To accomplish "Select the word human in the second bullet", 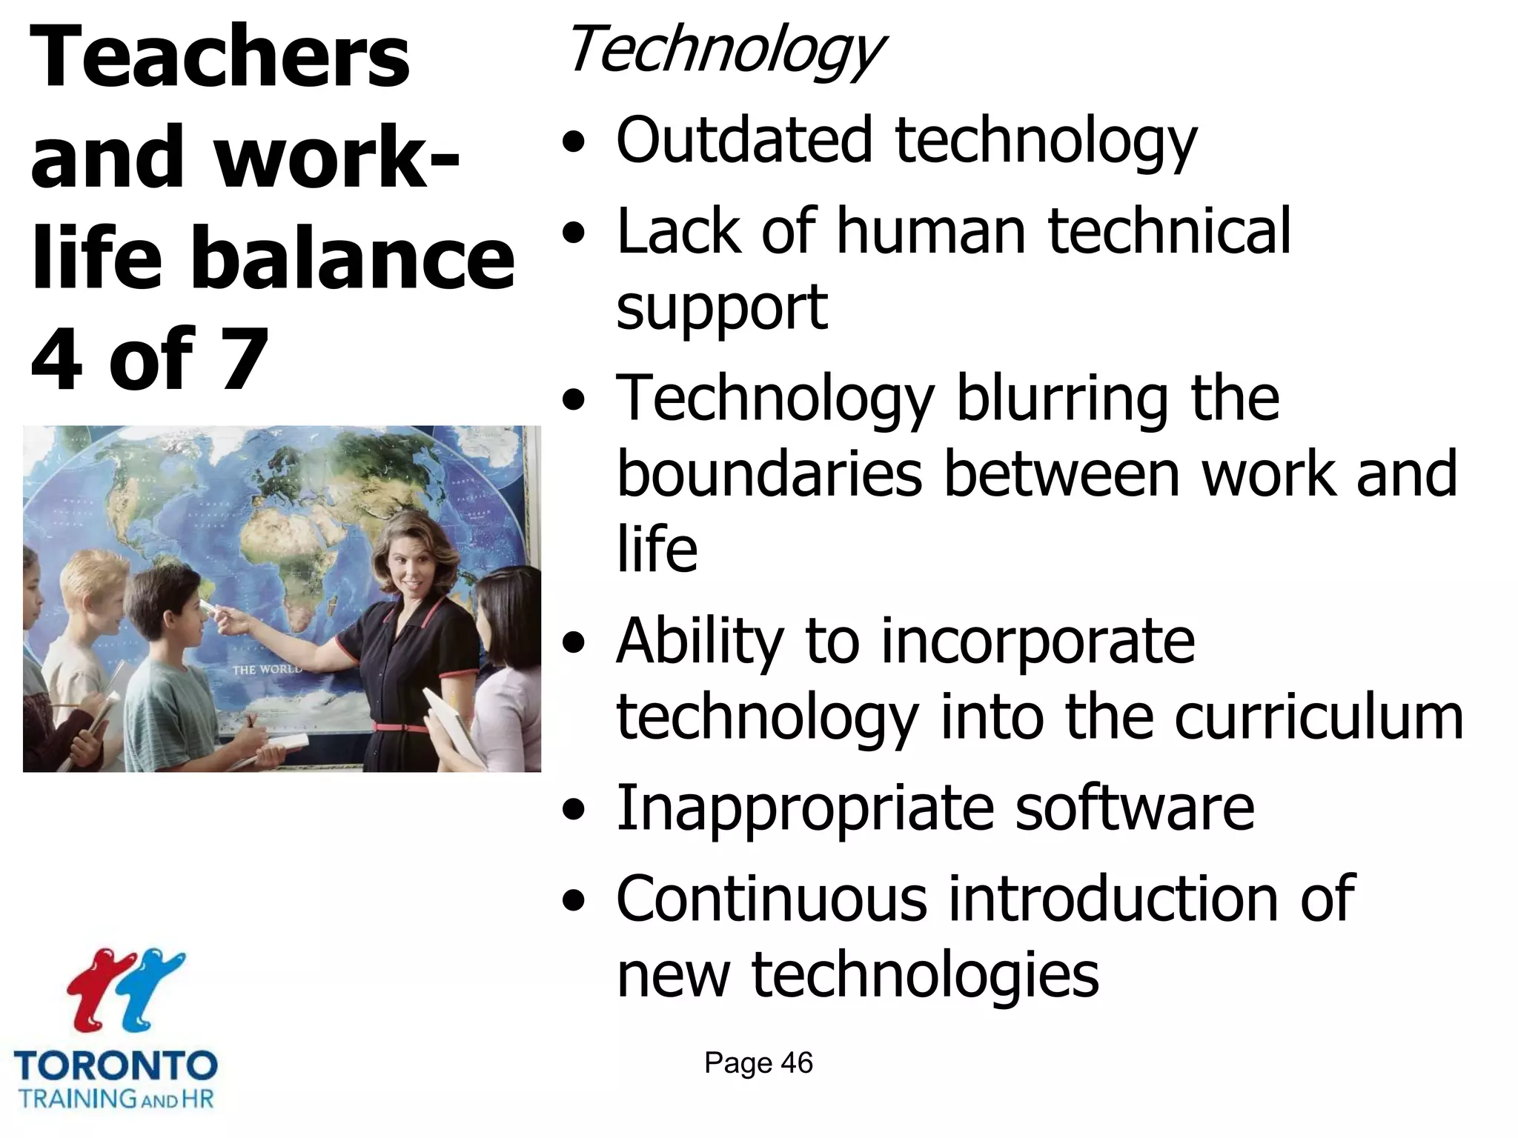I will tap(931, 231).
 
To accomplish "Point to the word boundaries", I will tap(769, 474).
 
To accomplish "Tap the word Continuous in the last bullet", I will tap(771, 899).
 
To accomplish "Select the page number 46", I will tap(797, 1063).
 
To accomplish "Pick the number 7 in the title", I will tap(244, 360).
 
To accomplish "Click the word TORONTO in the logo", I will tap(116, 1066).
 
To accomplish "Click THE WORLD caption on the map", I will tap(267, 669).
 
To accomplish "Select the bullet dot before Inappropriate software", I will tap(572, 810).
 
